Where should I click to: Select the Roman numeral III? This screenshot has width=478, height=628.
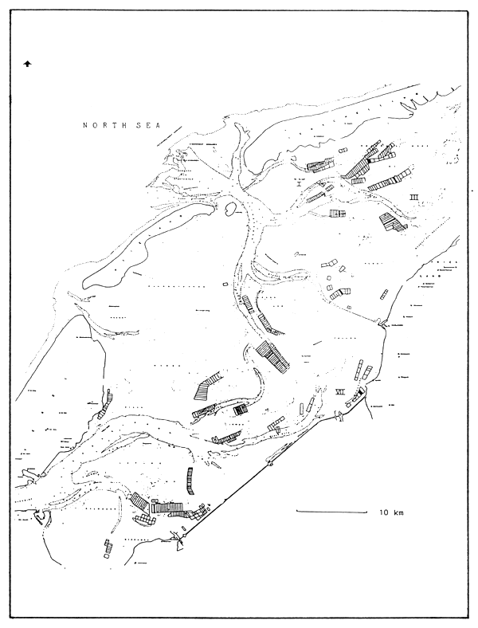(414, 196)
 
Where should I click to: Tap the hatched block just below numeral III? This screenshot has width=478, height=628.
(391, 222)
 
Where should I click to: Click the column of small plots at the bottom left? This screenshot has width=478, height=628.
(107, 550)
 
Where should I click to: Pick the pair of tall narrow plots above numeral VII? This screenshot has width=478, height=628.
(363, 371)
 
